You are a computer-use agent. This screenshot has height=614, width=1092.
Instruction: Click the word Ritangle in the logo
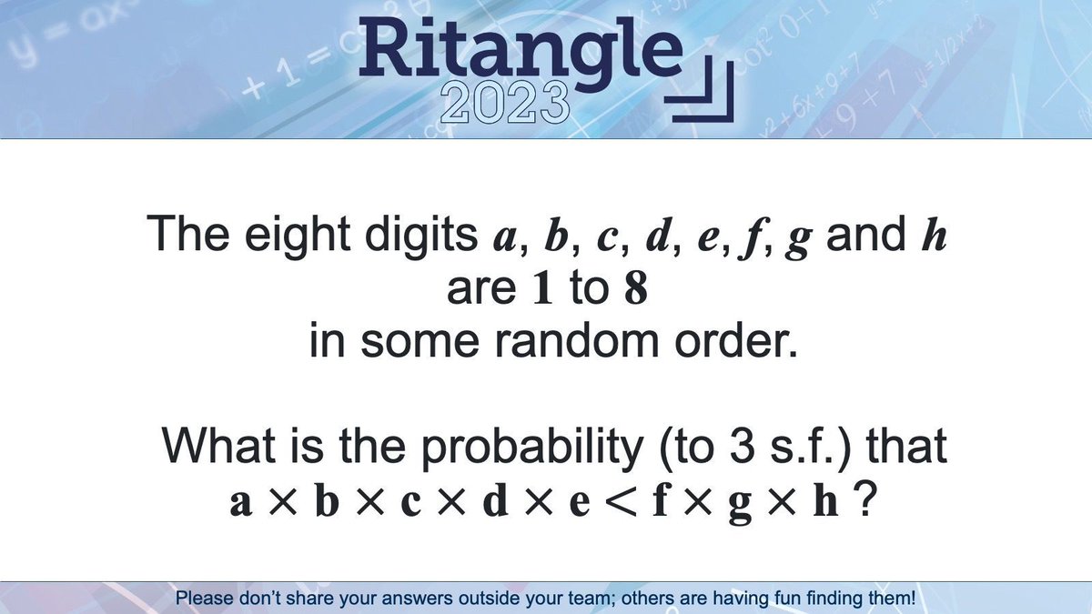click(x=522, y=52)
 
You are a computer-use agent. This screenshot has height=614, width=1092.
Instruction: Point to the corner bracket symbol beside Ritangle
click(x=706, y=91)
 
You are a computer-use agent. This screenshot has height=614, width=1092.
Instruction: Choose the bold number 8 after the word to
click(x=635, y=289)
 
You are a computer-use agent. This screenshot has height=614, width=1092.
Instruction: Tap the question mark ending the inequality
click(x=866, y=500)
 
